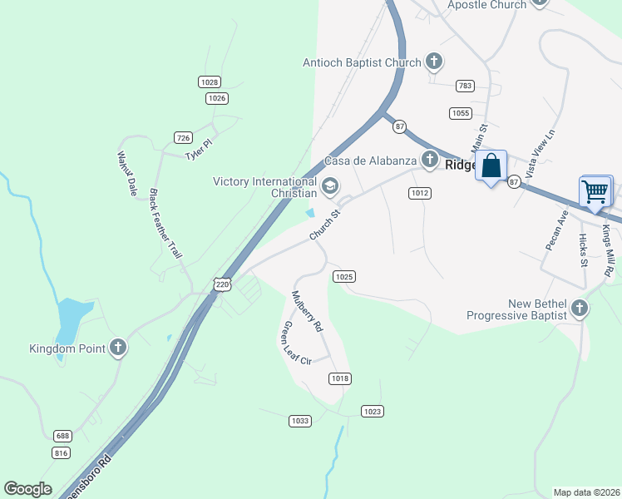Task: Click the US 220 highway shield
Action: click(221, 284)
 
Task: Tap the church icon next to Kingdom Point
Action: click(118, 348)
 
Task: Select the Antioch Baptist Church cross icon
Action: click(433, 62)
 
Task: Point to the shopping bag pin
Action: click(491, 166)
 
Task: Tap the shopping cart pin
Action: click(595, 191)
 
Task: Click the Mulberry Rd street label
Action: click(306, 312)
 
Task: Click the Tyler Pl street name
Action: click(199, 151)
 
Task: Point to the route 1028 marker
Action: click(210, 82)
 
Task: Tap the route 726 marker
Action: click(184, 136)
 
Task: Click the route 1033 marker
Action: click(300, 421)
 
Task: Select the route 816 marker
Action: click(61, 452)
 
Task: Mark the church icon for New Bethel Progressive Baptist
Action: click(580, 309)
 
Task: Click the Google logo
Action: click(27, 489)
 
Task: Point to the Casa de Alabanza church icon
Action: click(429, 159)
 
